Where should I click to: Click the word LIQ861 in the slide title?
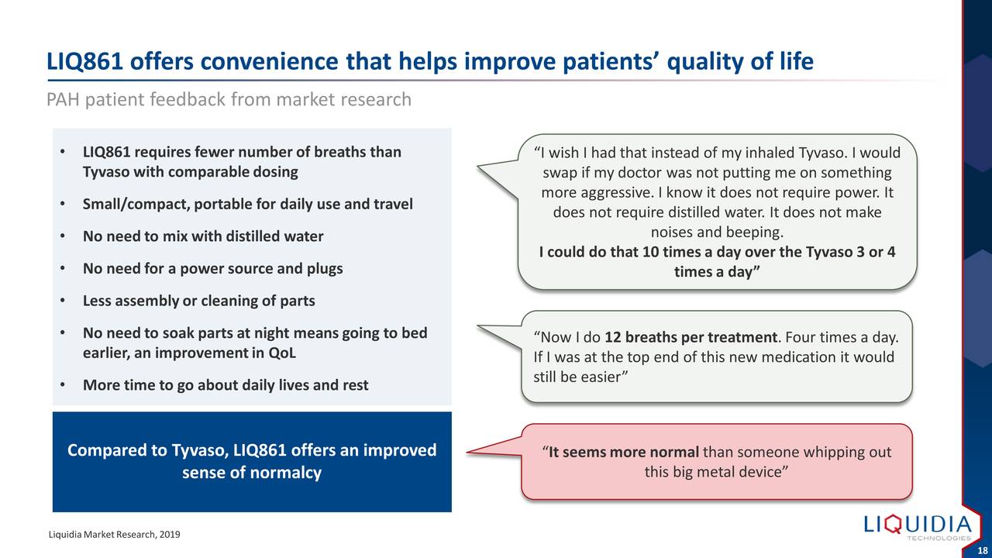point(84,61)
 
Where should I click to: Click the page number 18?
point(982,550)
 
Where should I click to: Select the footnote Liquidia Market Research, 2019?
point(114,535)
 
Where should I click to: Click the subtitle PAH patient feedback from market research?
point(229,99)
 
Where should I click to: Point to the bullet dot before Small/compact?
point(63,204)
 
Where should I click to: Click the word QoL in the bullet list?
point(281,353)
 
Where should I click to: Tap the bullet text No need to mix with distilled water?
point(203,236)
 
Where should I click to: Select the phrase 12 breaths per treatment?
point(691,337)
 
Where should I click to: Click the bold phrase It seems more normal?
point(624,452)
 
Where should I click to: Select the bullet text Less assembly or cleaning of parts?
point(199,301)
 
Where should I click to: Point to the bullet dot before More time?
point(63,385)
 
